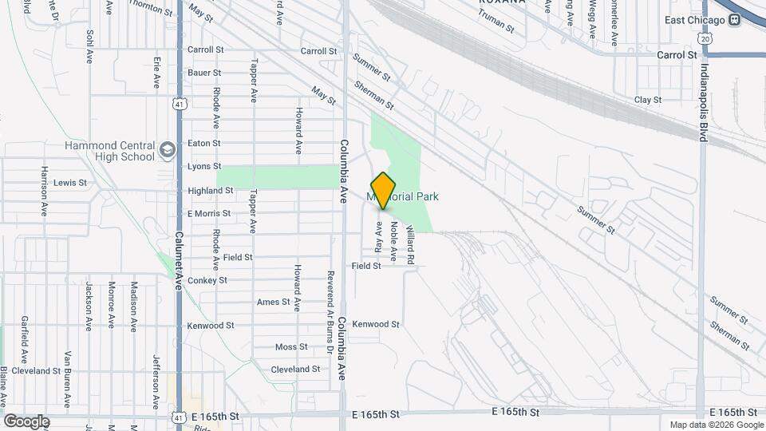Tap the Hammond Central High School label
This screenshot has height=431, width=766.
(x=109, y=151)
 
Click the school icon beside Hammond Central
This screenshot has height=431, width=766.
(x=167, y=149)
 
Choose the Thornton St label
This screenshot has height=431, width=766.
(x=151, y=10)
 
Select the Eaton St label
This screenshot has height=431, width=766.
(x=203, y=143)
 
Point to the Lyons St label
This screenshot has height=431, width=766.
(x=203, y=166)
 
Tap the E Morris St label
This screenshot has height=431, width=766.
(x=209, y=214)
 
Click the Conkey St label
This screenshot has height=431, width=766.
(x=207, y=280)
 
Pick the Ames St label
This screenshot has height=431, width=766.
(x=273, y=302)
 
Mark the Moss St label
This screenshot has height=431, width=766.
(x=291, y=346)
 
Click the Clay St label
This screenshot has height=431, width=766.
(x=647, y=100)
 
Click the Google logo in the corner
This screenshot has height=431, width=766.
(x=26, y=421)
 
